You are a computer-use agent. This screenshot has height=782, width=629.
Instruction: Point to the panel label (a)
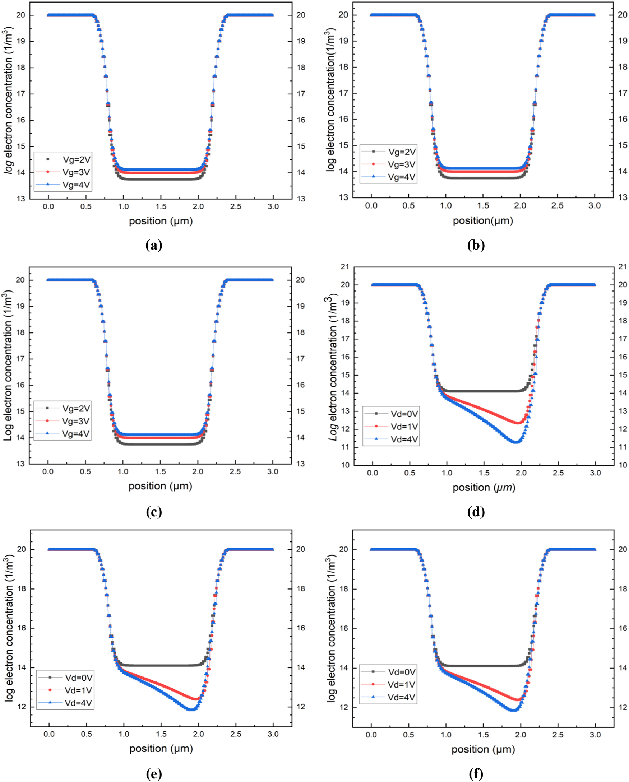click(153, 246)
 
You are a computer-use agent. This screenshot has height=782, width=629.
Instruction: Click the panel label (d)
click(476, 512)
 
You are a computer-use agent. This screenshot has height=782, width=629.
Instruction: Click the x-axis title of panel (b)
click(483, 220)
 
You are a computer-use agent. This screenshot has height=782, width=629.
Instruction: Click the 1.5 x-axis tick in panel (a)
click(161, 207)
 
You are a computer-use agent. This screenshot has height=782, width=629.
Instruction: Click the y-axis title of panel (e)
click(10, 629)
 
